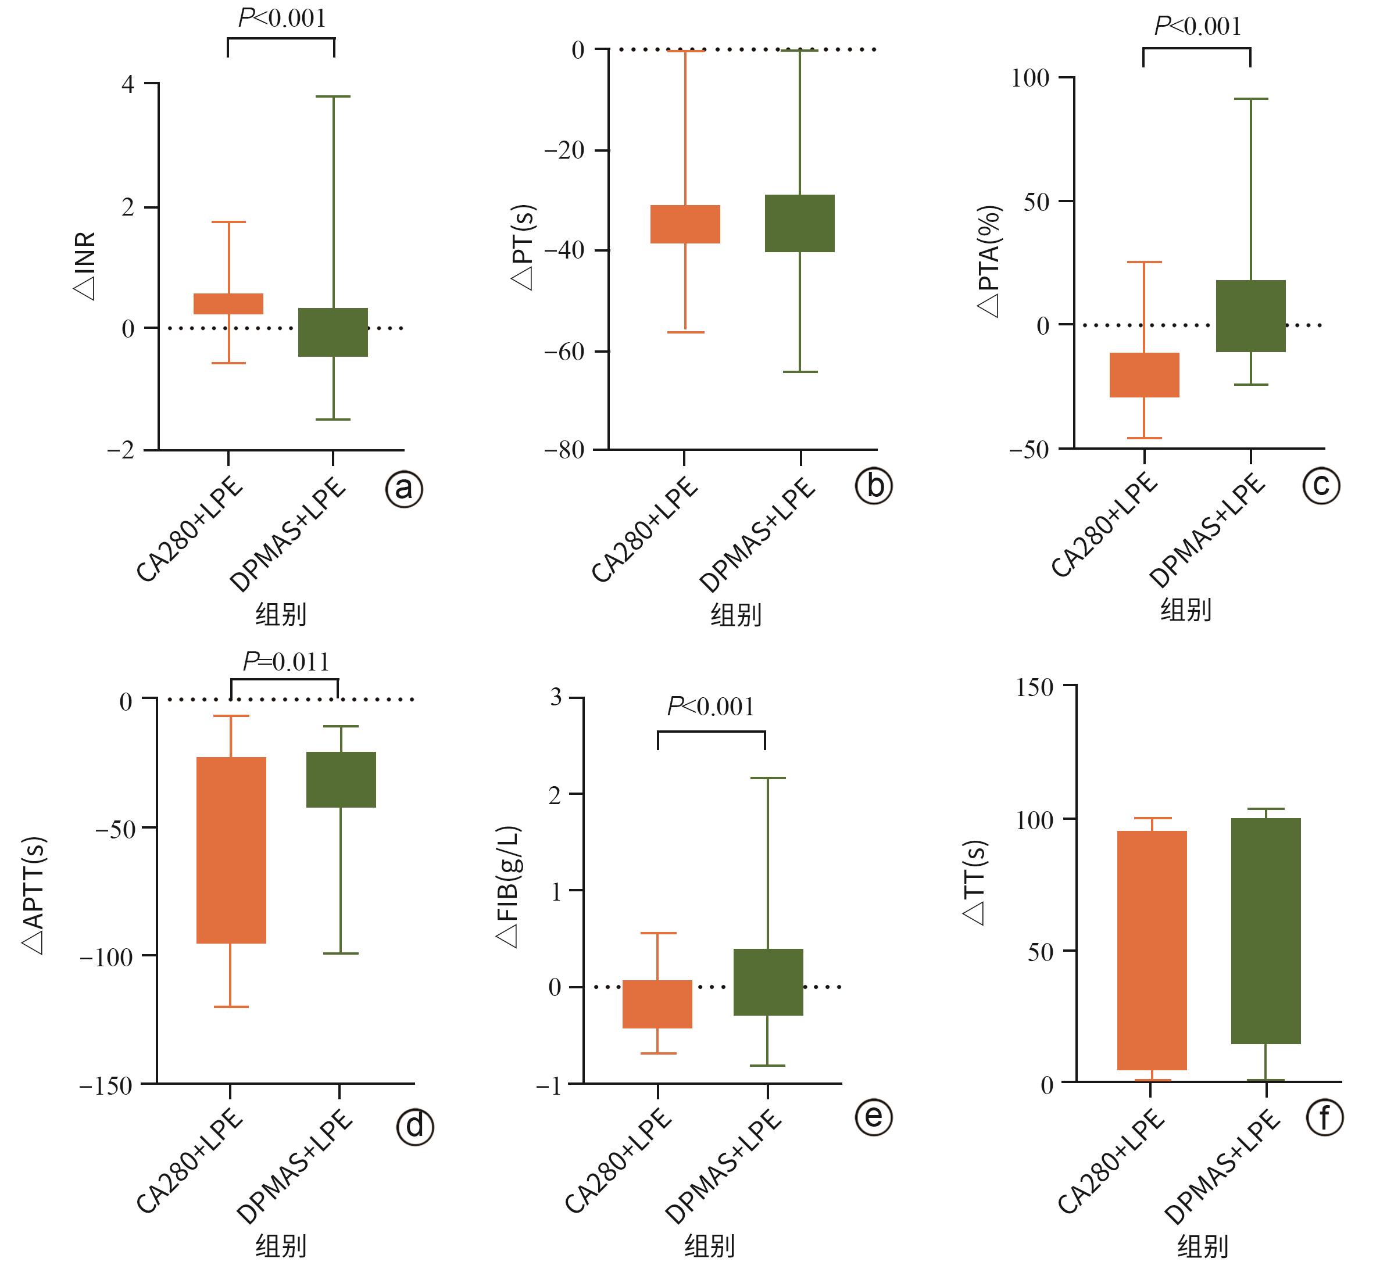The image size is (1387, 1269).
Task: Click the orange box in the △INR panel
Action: point(228,304)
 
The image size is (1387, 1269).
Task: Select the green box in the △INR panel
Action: point(333,332)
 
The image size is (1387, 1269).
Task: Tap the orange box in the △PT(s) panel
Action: point(685,224)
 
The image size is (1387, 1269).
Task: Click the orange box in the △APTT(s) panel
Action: point(231,850)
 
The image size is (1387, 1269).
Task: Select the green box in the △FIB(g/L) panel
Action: point(768,982)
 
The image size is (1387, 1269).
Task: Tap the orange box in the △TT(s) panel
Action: point(1152,951)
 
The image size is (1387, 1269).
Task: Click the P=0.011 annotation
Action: point(286,662)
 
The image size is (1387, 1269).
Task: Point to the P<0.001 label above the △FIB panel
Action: point(711,707)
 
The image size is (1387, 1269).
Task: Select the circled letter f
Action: point(1324,1118)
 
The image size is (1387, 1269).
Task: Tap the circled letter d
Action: point(415,1127)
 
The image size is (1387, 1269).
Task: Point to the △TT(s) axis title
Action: point(974,883)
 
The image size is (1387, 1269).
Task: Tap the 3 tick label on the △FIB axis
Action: point(556,697)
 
